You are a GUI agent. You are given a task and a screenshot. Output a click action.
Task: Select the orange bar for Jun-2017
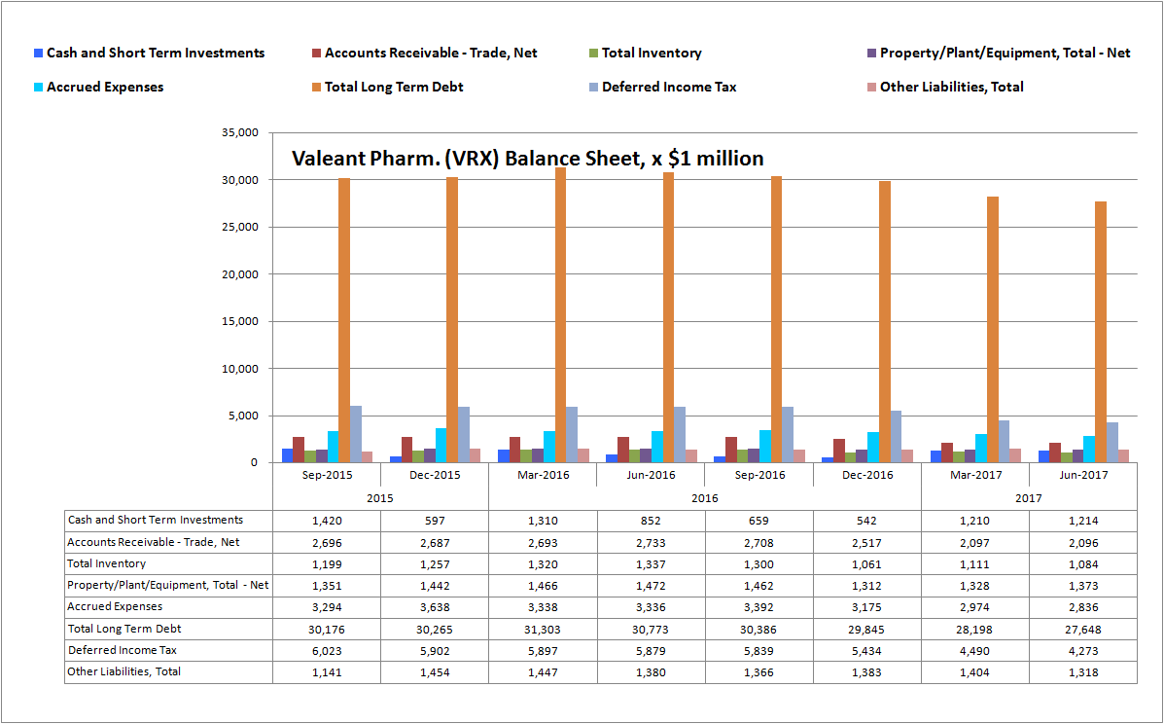pos(1100,332)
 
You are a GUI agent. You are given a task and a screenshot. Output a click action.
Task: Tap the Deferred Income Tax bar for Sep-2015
pos(356,434)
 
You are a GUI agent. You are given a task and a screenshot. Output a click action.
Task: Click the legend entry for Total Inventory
pos(651,54)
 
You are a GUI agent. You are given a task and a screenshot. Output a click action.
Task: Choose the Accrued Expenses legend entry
pos(105,88)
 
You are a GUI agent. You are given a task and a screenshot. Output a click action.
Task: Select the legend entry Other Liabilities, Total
pos(951,88)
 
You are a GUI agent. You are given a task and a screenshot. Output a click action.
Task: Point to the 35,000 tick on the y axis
pos(240,133)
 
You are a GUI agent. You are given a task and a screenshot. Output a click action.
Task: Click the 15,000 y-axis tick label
pos(240,322)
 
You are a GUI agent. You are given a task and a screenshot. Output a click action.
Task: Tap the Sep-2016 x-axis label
pos(758,475)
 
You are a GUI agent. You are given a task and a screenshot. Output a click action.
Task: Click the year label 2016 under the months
pos(705,496)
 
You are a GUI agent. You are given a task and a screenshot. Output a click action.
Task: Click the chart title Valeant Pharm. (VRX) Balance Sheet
pos(528,159)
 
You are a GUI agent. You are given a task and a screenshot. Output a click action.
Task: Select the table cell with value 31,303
pos(543,630)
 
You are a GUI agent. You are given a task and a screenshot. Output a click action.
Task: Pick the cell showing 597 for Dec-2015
pos(435,521)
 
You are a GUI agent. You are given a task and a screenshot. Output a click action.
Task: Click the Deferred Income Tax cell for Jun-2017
pos(1082,651)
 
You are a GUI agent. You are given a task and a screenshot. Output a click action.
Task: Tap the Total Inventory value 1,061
pos(866,564)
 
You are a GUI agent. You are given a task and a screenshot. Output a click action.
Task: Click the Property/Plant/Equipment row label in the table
pos(167,586)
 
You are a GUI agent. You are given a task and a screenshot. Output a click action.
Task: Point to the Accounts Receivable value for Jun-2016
pos(651,542)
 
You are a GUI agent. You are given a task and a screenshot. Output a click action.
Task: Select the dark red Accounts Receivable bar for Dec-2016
pos(838,451)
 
